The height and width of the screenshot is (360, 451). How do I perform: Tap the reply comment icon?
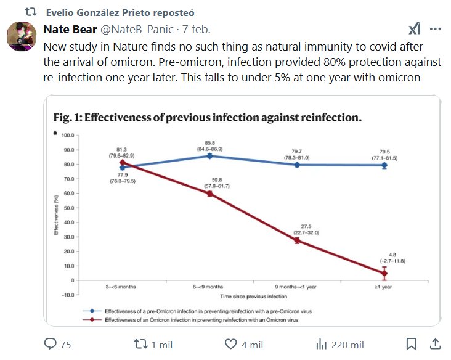pyautogui.click(x=51, y=344)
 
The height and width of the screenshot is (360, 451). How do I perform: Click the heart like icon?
pyautogui.click(x=231, y=344)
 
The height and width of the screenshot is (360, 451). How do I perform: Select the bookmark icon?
pyautogui.click(x=412, y=344)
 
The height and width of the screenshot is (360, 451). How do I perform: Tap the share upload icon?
pyautogui.click(x=434, y=344)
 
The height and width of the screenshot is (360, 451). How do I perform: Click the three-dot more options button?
pyautogui.click(x=435, y=30)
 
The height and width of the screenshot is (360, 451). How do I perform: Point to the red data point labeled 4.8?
pyautogui.click(x=384, y=273)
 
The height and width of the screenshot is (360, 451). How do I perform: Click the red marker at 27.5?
pyautogui.click(x=296, y=240)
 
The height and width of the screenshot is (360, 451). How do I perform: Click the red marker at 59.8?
pyautogui.click(x=209, y=194)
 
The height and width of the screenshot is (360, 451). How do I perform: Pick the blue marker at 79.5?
pyautogui.click(x=384, y=165)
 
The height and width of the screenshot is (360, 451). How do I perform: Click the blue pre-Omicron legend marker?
pyautogui.click(x=91, y=312)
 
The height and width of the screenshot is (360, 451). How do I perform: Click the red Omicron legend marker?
pyautogui.click(x=91, y=320)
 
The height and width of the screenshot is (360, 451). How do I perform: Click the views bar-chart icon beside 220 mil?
pyautogui.click(x=320, y=344)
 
